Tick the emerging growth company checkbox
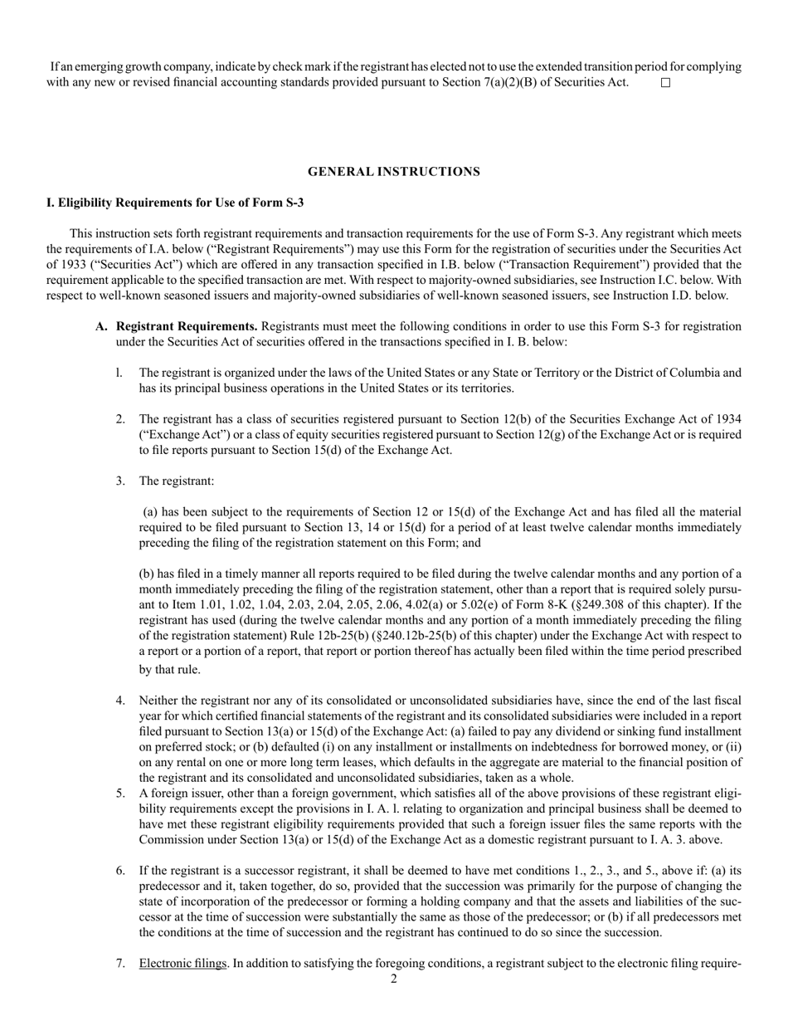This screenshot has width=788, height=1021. [664, 83]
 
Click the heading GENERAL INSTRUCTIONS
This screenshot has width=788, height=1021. [394, 172]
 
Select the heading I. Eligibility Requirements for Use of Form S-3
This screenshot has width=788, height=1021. [175, 203]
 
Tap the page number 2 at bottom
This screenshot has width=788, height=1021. [394, 979]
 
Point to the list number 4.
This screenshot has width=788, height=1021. [120, 701]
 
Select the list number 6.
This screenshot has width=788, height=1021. [120, 870]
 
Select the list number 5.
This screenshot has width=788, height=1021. [120, 794]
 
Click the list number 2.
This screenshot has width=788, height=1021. [120, 419]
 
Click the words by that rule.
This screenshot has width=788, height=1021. [169, 669]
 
